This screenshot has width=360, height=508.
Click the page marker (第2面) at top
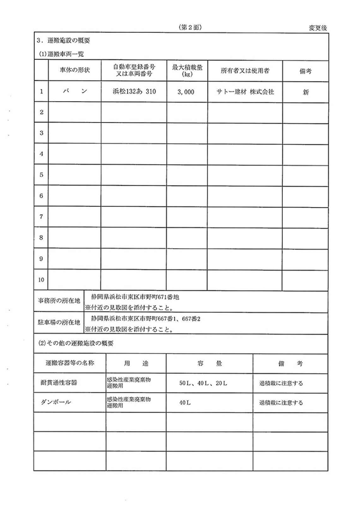pos(190,27)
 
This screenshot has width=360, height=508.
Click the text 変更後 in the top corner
pos(318,28)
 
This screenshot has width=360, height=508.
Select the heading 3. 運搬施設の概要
pos(63,40)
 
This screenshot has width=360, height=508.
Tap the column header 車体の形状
pos(75,70)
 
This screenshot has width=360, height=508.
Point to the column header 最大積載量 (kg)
pos(187,70)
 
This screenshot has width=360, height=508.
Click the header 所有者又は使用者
pos(245,71)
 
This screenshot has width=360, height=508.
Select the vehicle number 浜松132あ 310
pos(134,92)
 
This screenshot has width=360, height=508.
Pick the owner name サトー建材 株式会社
pos(245,92)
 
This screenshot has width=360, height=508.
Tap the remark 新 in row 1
pos(305,92)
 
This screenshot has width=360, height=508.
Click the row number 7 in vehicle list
pos(41,217)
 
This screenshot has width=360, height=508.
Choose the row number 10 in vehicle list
pos(41,280)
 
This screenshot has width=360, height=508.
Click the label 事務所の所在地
pos(59,301)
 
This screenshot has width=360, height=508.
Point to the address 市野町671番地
pos(135,297)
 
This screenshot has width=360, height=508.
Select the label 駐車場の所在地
pos(59,322)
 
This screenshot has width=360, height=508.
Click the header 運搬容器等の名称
pos(70,363)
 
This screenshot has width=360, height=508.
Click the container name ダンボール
pos(56,402)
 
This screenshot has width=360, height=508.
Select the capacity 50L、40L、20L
pos(203,383)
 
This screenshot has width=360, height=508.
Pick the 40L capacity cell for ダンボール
pos(185,403)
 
